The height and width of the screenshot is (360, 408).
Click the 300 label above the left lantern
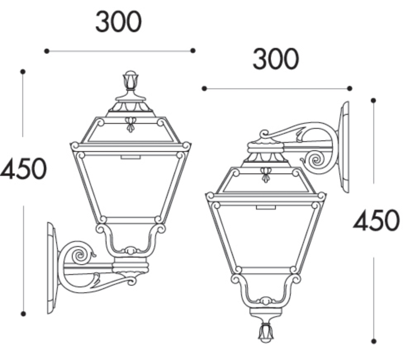[119, 23]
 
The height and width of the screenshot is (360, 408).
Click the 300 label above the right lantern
[275, 59]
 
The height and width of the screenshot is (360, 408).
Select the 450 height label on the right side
[376, 220]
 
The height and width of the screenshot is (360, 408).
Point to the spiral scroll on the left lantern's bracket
[78, 256]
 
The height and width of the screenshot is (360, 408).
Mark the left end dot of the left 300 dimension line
[47, 51]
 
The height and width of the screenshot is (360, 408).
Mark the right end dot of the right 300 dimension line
[350, 88]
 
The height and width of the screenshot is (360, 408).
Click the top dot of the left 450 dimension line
[23, 72]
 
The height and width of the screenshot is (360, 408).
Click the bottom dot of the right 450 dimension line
[374, 341]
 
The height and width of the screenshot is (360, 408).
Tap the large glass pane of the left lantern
[130, 186]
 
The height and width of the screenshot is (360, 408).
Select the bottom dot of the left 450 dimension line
[23, 314]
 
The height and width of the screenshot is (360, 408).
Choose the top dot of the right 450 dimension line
[374, 100]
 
